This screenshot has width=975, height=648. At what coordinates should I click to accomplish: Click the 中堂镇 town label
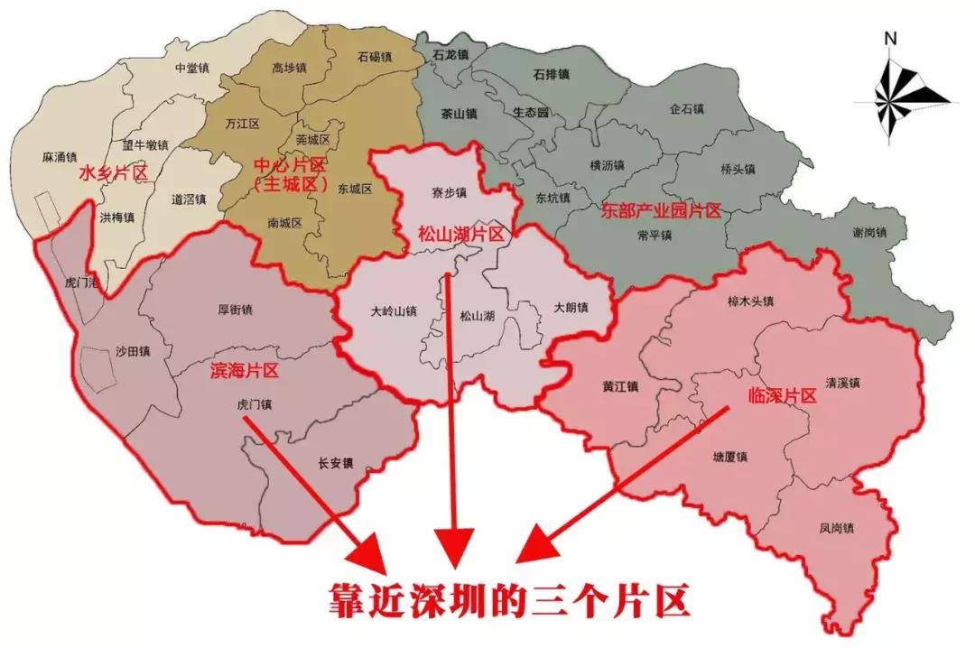pyautogui.click(x=192, y=68)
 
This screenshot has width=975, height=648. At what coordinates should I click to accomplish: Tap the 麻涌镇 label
pyautogui.click(x=60, y=157)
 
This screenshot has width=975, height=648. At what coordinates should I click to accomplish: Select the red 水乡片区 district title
pyautogui.click(x=113, y=172)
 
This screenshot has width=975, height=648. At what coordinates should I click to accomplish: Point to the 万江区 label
pyautogui.click(x=242, y=123)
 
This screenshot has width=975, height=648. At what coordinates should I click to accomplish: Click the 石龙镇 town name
pyautogui.click(x=450, y=55)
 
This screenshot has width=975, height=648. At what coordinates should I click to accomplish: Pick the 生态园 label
pyautogui.click(x=531, y=113)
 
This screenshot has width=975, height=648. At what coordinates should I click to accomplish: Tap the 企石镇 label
pyautogui.click(x=687, y=108)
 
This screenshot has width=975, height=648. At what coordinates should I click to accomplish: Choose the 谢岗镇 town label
pyautogui.click(x=870, y=232)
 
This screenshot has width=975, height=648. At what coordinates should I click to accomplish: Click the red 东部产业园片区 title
pyautogui.click(x=662, y=211)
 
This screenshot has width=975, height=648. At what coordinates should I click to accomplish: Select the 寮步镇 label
pyautogui.click(x=449, y=193)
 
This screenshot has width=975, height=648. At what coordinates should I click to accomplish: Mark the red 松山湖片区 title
pyautogui.click(x=460, y=232)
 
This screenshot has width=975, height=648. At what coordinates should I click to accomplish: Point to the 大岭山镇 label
pyautogui.click(x=395, y=311)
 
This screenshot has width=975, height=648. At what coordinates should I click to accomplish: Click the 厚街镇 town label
pyautogui.click(x=235, y=310)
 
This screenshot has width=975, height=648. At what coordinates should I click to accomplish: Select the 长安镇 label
pyautogui.click(x=336, y=464)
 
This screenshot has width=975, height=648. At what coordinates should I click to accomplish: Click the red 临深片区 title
pyautogui.click(x=783, y=395)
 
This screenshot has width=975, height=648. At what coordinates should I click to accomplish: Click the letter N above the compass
pyautogui.click(x=890, y=38)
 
